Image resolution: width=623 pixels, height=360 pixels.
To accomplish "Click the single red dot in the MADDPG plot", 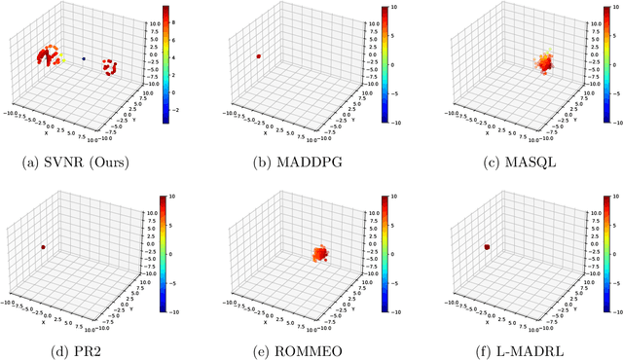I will click(x=259, y=56).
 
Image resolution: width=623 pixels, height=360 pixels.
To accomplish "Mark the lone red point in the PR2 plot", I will click(x=44, y=247).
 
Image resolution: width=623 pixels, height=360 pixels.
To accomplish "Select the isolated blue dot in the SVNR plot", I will click(x=84, y=58).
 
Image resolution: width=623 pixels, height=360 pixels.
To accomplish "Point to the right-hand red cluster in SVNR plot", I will click(x=109, y=68).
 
